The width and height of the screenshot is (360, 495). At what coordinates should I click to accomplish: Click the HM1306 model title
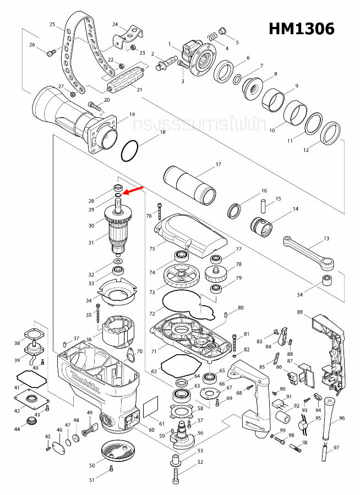point(301,29)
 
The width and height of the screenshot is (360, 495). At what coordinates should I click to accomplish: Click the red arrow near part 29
point(134,190)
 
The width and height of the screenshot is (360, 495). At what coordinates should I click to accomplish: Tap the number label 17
point(218,164)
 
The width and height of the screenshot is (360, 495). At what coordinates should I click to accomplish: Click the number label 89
point(300,312)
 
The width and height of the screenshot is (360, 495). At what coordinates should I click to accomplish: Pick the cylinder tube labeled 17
point(190,184)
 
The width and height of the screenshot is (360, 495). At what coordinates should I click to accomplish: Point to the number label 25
point(52,25)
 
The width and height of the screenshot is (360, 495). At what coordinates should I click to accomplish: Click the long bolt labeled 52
point(176,472)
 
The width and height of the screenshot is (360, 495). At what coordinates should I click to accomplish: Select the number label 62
point(154,372)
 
